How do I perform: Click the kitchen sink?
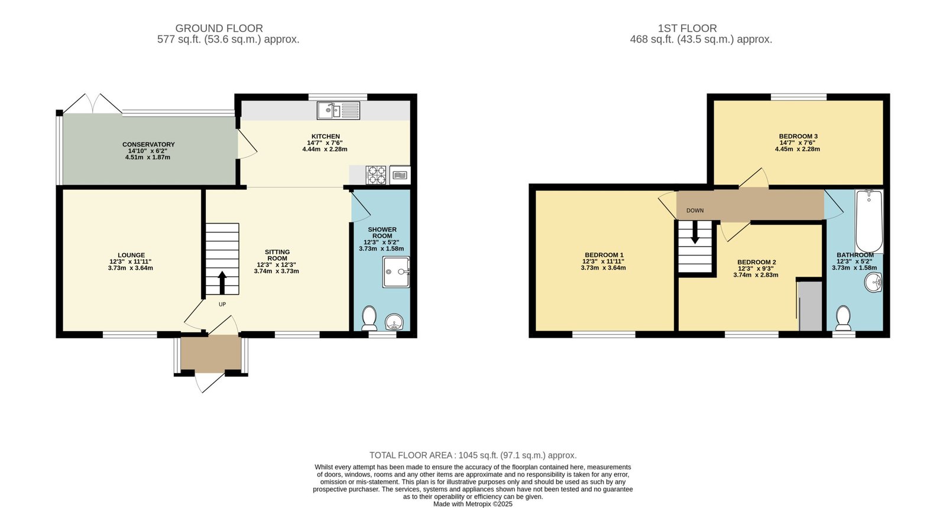338,110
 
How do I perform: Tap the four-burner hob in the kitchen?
376,175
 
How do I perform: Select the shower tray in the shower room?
396,272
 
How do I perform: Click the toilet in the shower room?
370,318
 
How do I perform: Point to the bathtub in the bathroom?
869,221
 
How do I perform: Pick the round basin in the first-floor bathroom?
873,283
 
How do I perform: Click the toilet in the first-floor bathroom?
844,318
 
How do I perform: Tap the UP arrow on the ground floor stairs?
222,283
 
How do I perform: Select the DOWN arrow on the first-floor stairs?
695,233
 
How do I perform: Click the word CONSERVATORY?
148,144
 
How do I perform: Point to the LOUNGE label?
131,255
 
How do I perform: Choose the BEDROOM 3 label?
798,137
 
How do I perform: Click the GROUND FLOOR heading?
219,28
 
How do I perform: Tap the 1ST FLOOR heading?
687,28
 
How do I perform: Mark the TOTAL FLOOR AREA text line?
473,455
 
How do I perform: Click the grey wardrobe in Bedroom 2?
810,306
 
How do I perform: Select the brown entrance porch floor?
211,354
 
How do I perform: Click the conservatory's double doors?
92,103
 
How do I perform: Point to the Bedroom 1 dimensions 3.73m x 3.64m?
603,268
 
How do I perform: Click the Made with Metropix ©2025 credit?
473,504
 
